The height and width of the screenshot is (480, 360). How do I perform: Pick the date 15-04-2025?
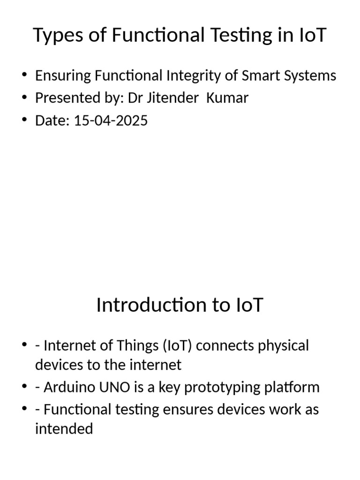click(x=111, y=120)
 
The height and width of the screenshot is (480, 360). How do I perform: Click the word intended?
click(x=64, y=428)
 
